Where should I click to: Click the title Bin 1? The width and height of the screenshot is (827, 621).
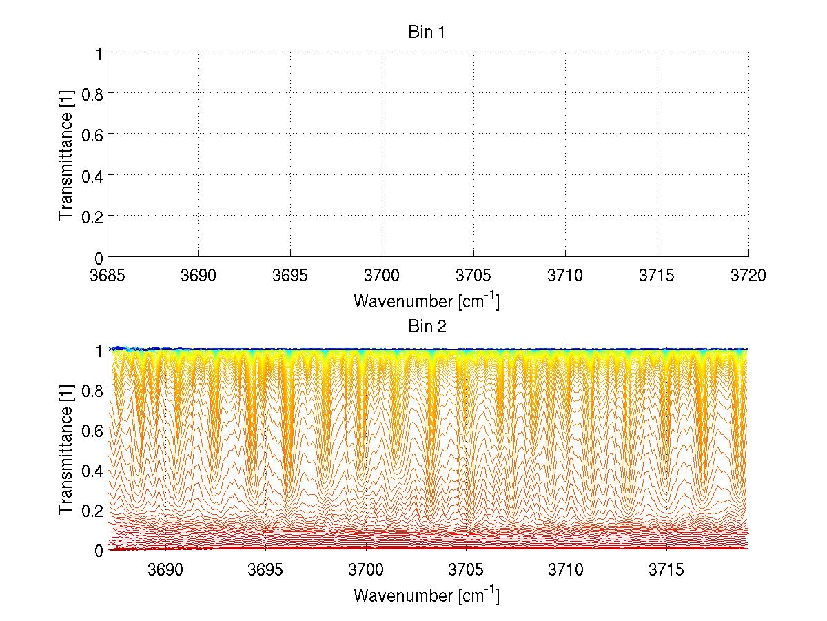[427, 32]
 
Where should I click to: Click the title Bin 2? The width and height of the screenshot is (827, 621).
[427, 326]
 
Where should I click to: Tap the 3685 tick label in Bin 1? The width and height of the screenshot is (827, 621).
[108, 276]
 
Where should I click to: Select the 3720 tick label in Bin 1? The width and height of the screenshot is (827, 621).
[748, 276]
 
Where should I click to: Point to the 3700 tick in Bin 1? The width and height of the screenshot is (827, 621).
[382, 276]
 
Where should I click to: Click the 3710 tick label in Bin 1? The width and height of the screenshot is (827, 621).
[565, 276]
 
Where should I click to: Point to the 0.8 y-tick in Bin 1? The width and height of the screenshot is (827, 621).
[91, 93]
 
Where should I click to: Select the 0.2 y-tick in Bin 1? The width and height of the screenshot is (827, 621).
[91, 216]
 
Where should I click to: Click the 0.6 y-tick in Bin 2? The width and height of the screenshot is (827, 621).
[91, 430]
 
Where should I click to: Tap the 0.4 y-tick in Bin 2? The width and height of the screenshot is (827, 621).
[91, 470]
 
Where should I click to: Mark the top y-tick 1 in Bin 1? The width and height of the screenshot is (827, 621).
[99, 52]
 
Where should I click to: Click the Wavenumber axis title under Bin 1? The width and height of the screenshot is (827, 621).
[427, 301]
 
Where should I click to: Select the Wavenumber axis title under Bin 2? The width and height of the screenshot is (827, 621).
[427, 595]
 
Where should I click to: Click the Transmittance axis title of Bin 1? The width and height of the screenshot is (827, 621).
[66, 154]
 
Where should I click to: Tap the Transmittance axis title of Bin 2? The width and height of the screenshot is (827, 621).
[66, 449]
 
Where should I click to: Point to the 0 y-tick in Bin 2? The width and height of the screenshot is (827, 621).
[99, 550]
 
